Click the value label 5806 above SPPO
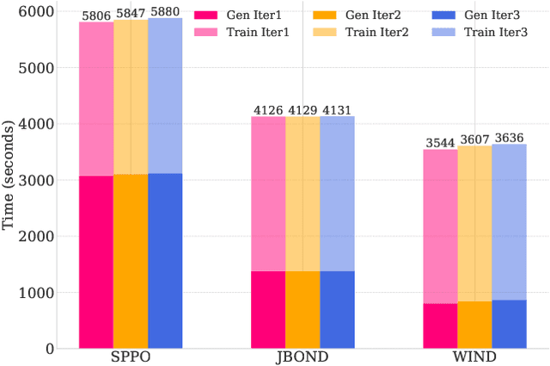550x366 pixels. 96,16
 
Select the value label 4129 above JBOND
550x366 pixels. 302,109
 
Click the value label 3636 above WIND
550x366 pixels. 509,138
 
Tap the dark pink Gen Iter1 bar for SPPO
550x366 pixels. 96,262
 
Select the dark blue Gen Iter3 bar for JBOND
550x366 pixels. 337,310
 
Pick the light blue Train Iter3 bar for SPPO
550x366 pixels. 165,96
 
